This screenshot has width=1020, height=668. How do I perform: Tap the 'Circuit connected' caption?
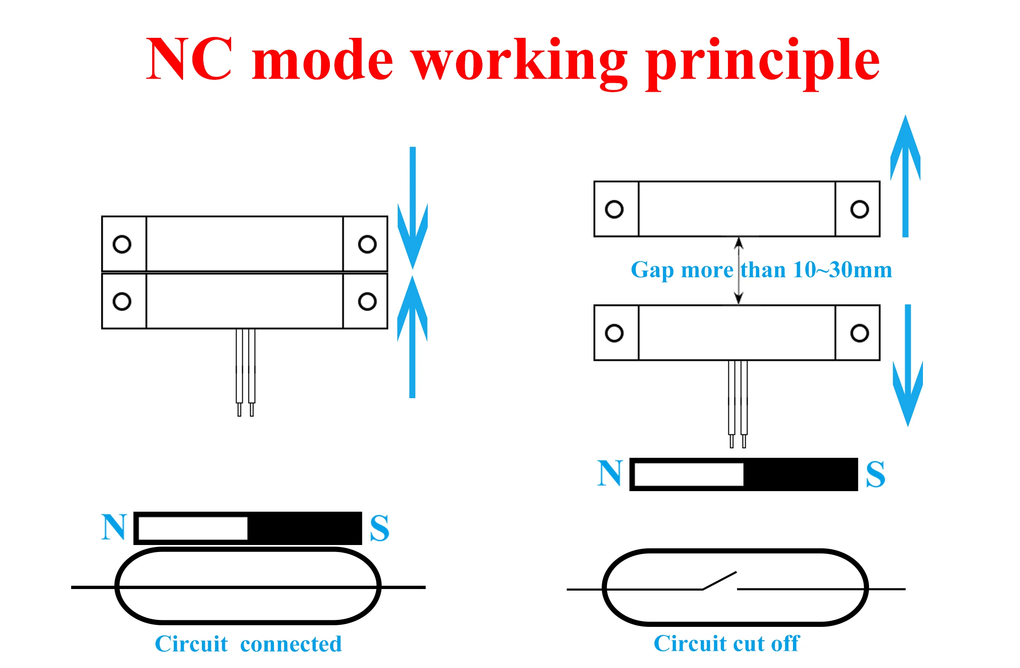point(248,644)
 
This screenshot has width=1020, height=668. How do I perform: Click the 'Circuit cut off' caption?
point(726,644)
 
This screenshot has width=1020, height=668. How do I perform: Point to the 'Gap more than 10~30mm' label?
point(761,270)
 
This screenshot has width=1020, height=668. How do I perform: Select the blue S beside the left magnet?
point(379,528)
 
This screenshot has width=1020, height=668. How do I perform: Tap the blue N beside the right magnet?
point(610,473)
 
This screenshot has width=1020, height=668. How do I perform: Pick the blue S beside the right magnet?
point(875,474)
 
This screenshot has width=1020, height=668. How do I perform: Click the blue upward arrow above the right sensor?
point(905,176)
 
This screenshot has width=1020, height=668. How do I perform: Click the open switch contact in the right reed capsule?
point(720,580)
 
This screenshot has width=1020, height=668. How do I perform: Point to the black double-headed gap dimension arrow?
point(738,271)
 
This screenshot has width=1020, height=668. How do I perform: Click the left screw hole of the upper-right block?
point(614,209)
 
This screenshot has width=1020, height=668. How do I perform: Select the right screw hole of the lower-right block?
point(860,333)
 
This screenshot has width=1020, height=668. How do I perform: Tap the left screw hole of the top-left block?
point(122,245)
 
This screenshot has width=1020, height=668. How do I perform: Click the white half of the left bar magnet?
point(193,528)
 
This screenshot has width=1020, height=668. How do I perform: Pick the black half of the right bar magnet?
point(800,474)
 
